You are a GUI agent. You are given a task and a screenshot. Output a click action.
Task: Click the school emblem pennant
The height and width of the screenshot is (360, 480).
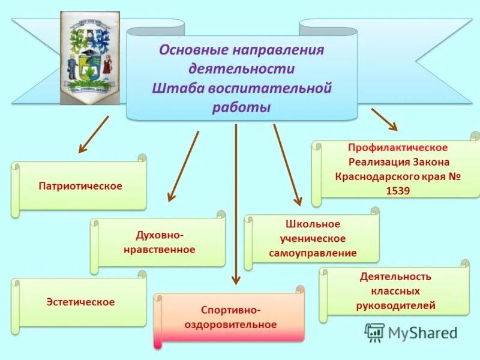tap(90, 58)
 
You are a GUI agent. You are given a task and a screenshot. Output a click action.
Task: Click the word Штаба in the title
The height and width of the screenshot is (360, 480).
tap(178, 88)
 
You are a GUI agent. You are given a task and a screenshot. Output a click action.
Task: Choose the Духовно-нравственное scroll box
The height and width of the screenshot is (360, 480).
tap(160, 242)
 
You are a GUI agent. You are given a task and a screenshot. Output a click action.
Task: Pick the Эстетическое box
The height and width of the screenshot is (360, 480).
tap(80, 302)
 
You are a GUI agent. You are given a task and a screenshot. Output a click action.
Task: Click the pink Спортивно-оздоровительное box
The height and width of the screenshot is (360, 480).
tap(230, 317)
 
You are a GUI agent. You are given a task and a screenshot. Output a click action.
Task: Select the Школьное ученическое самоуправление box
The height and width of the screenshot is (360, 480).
tap(313, 238)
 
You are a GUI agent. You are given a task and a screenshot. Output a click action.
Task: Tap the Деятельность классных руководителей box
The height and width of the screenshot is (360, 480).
tap(395, 291)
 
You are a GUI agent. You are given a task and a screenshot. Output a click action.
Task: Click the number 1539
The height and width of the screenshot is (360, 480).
tap(395, 191)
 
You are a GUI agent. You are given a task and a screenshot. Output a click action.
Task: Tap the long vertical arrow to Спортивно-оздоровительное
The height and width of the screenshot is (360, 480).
tap(236, 204)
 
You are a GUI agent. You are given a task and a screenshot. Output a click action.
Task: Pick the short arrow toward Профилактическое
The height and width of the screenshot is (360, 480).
tap(384, 119)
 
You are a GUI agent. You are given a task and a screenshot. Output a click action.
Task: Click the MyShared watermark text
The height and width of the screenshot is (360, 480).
tap(422, 332)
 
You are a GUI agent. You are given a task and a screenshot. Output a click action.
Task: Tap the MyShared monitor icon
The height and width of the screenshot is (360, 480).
tap(375, 332)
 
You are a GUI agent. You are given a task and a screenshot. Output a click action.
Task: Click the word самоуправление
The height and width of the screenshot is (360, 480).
tap(313, 253)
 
